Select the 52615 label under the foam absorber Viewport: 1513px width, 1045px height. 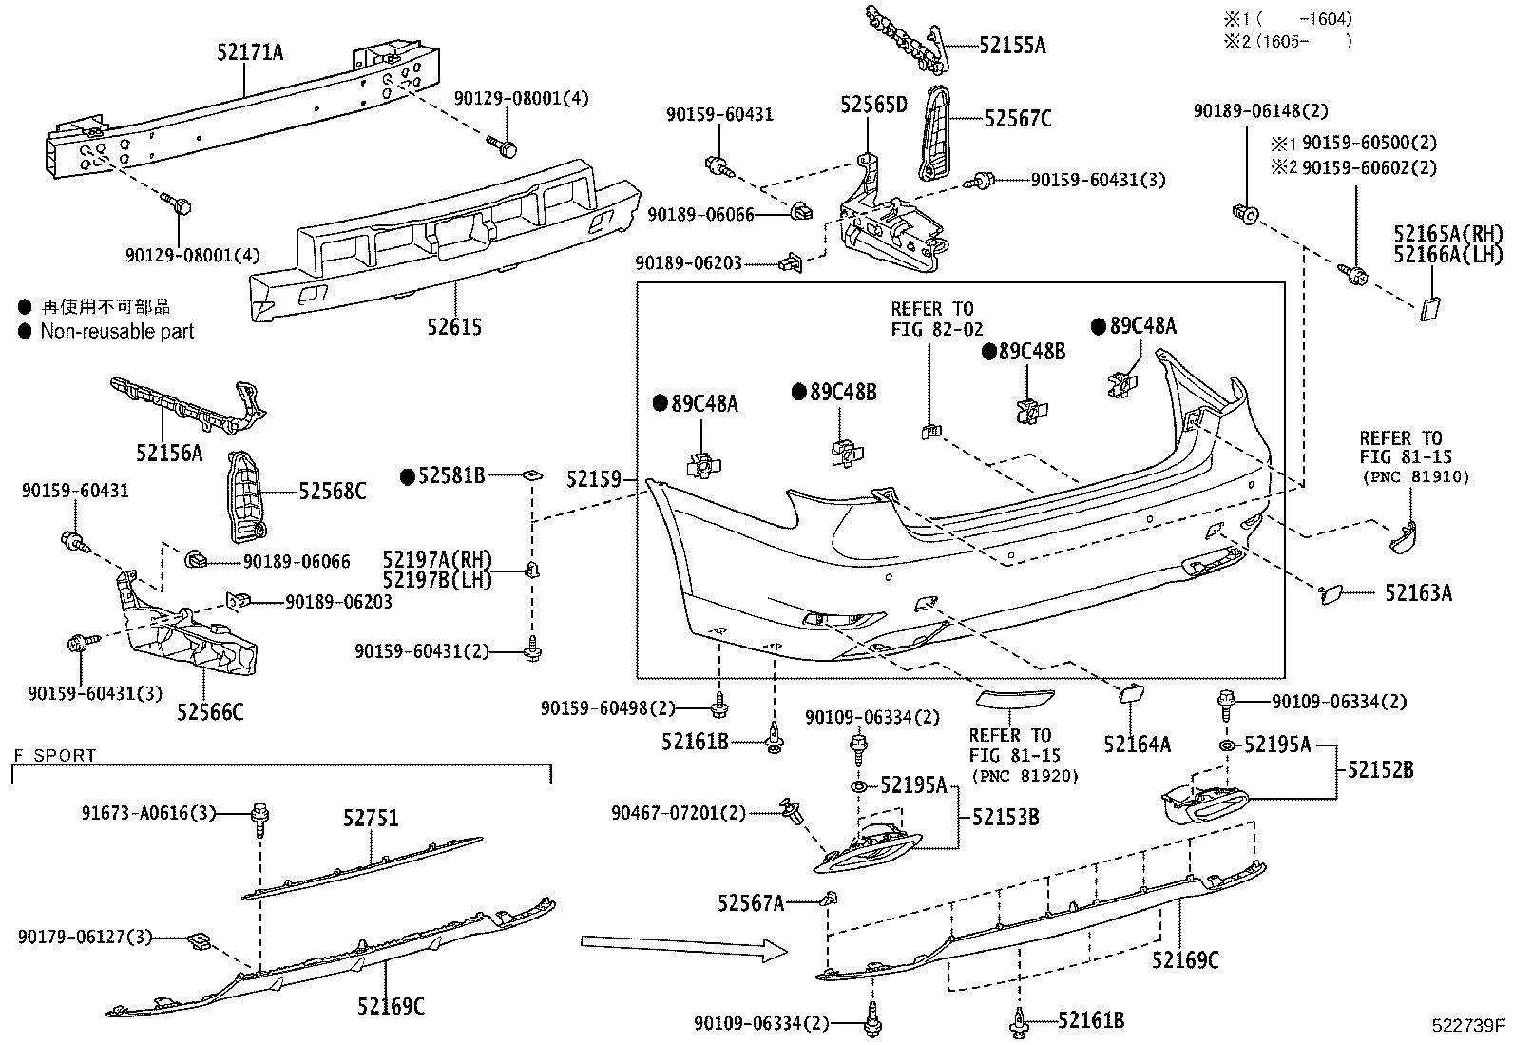tap(452, 327)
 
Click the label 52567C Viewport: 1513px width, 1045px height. tap(1018, 118)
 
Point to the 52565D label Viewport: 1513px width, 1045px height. tap(873, 105)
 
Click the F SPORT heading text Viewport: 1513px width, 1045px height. tap(54, 756)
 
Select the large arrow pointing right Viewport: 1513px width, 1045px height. tap(683, 948)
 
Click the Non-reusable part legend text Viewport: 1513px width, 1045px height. tap(116, 331)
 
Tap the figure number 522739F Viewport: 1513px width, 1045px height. tap(1469, 1025)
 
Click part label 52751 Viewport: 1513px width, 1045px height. tap(371, 818)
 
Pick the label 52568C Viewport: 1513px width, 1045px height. tap(333, 492)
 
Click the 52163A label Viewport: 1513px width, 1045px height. tap(1418, 593)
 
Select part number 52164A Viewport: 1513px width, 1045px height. tap(1137, 745)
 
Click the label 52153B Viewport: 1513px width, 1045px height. tap(1005, 817)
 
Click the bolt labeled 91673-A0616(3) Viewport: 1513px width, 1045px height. tap(258, 814)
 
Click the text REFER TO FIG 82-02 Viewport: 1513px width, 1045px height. tap(931, 319)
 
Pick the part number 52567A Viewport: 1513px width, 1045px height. tap(751, 902)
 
